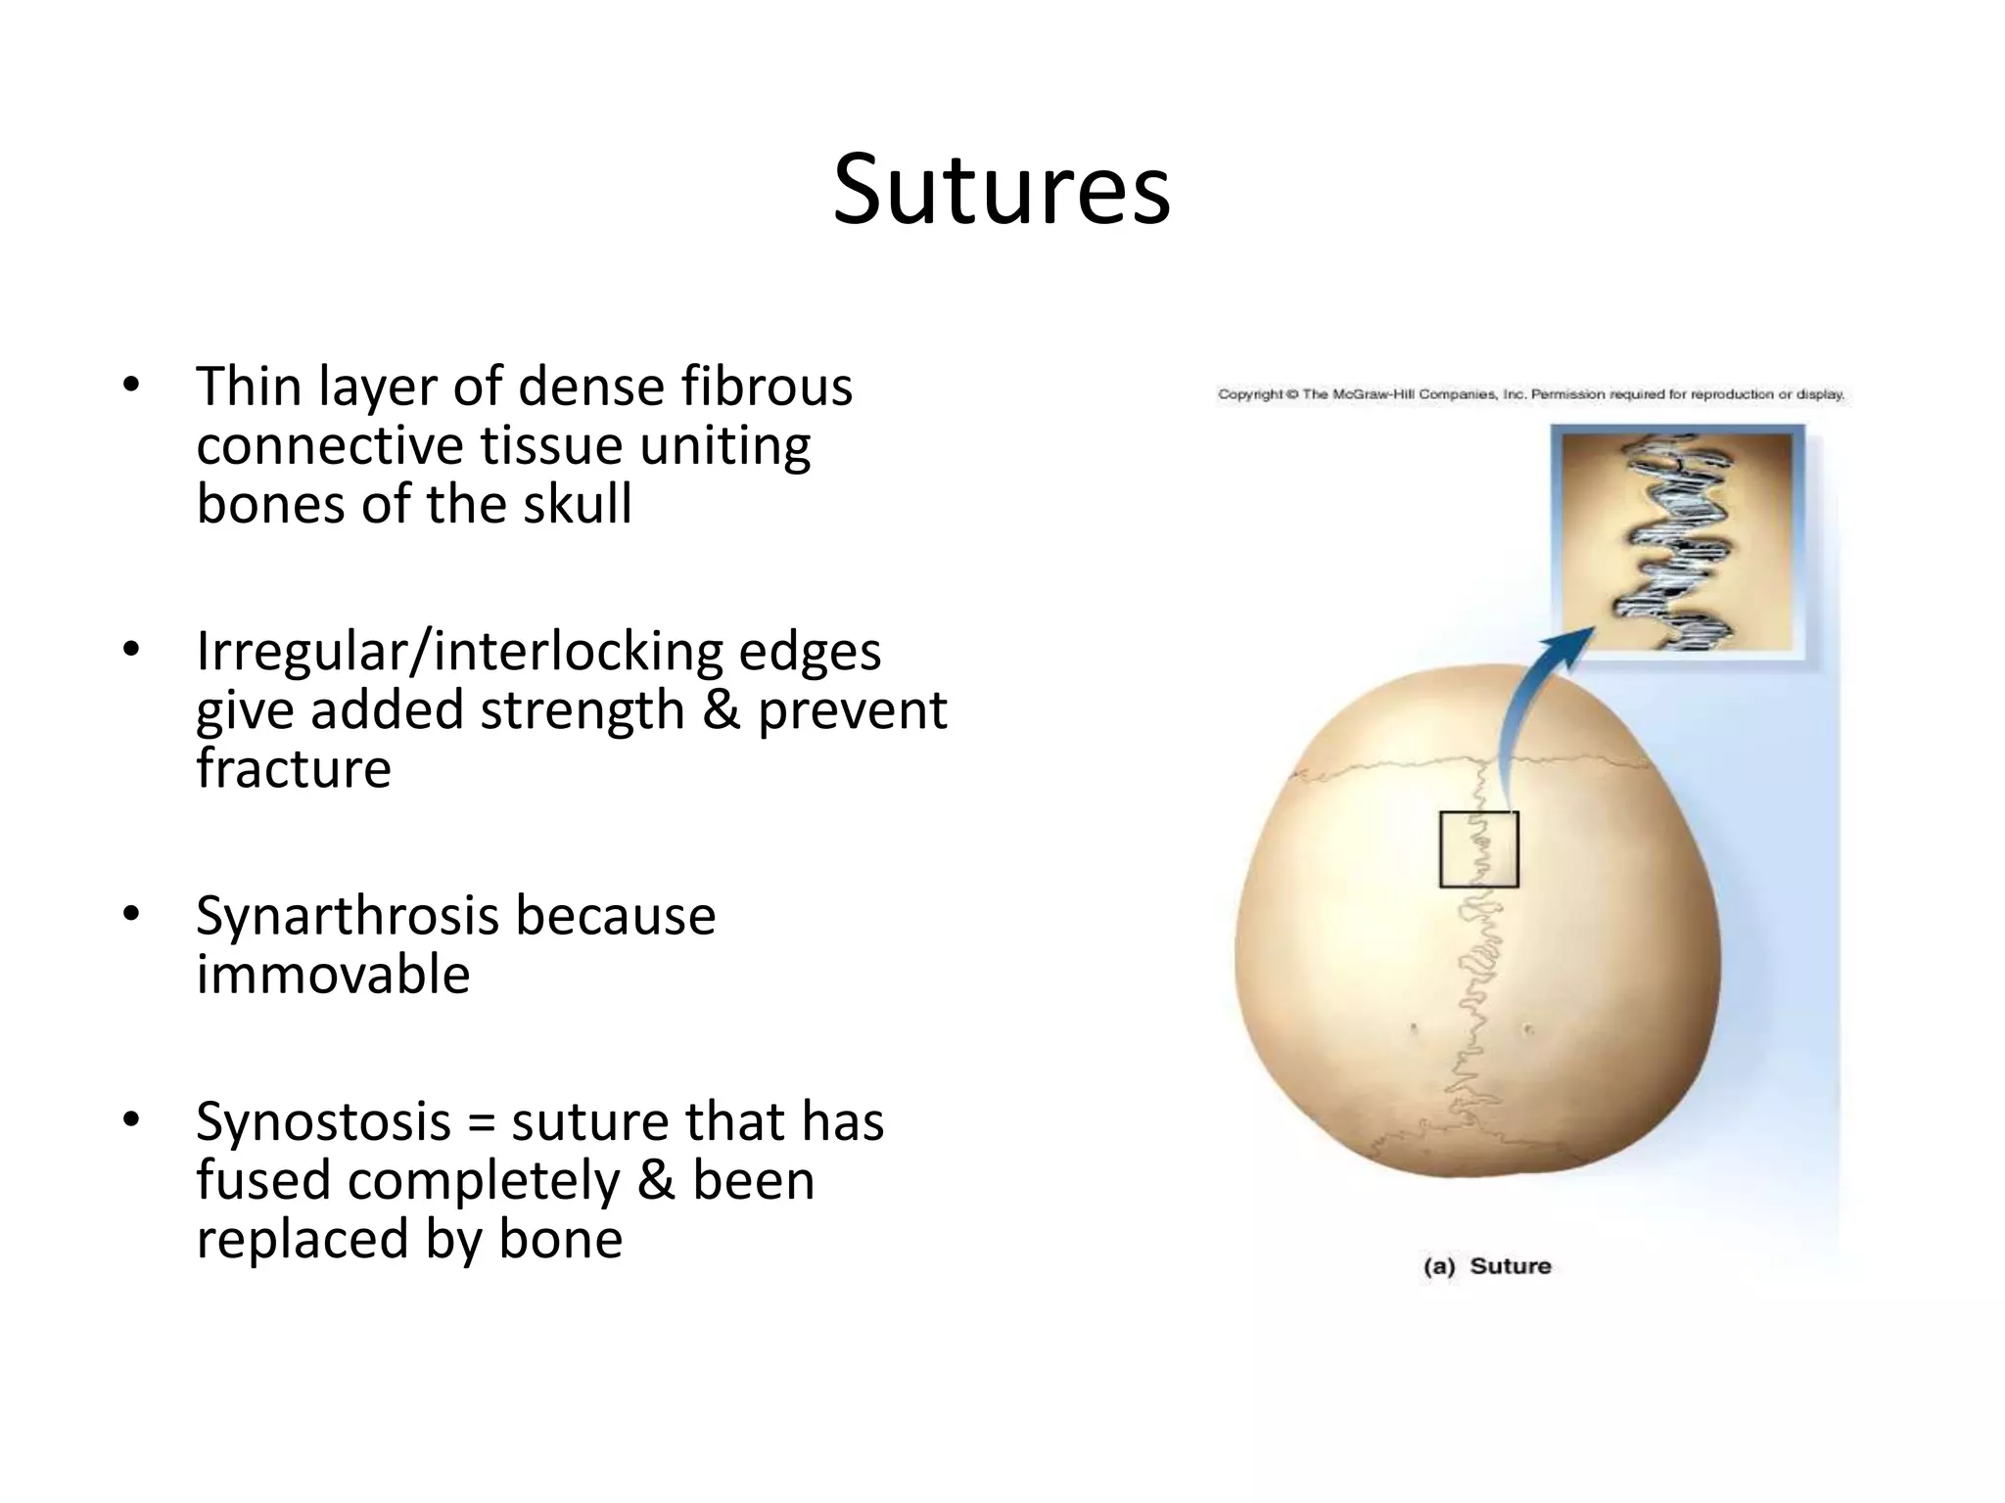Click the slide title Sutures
1002,190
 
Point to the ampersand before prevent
721,710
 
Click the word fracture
294,769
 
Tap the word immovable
333,976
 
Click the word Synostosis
323,1122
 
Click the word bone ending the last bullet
560,1240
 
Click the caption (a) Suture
1487,1266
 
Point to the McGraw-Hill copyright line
1530,395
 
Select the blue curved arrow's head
1572,645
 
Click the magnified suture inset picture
1677,541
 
